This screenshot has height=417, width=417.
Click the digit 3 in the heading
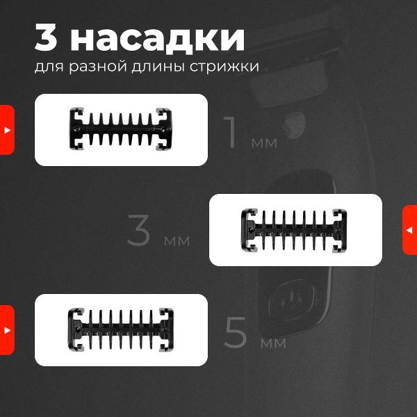46,38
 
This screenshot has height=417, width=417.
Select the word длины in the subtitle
158,67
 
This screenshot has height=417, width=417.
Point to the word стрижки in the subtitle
224,67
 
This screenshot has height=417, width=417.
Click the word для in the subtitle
49,67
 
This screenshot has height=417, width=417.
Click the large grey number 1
230,133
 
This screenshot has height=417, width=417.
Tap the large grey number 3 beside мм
138,230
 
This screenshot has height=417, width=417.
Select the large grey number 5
236,332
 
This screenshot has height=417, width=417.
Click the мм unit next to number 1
264,143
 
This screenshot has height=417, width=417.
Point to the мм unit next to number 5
273,343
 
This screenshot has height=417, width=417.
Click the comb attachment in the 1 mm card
121,129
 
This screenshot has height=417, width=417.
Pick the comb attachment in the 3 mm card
294,230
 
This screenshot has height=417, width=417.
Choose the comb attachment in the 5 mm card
121,329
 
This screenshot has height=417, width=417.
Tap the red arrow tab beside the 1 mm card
7,130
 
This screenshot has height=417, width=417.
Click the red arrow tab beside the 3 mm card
410,230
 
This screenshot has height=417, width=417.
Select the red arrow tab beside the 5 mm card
7,330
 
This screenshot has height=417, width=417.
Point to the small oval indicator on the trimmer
295,125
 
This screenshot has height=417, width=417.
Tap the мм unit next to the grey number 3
177,240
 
